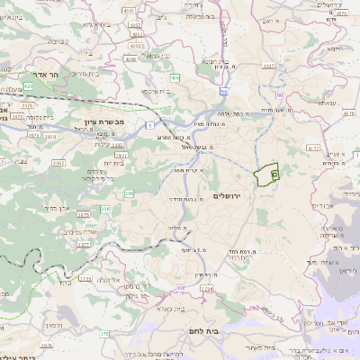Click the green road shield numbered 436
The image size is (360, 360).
(175, 77)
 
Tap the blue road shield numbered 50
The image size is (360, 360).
(223, 92)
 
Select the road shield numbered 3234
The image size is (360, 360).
(206, 288)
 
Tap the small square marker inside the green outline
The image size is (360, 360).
(274, 172)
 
